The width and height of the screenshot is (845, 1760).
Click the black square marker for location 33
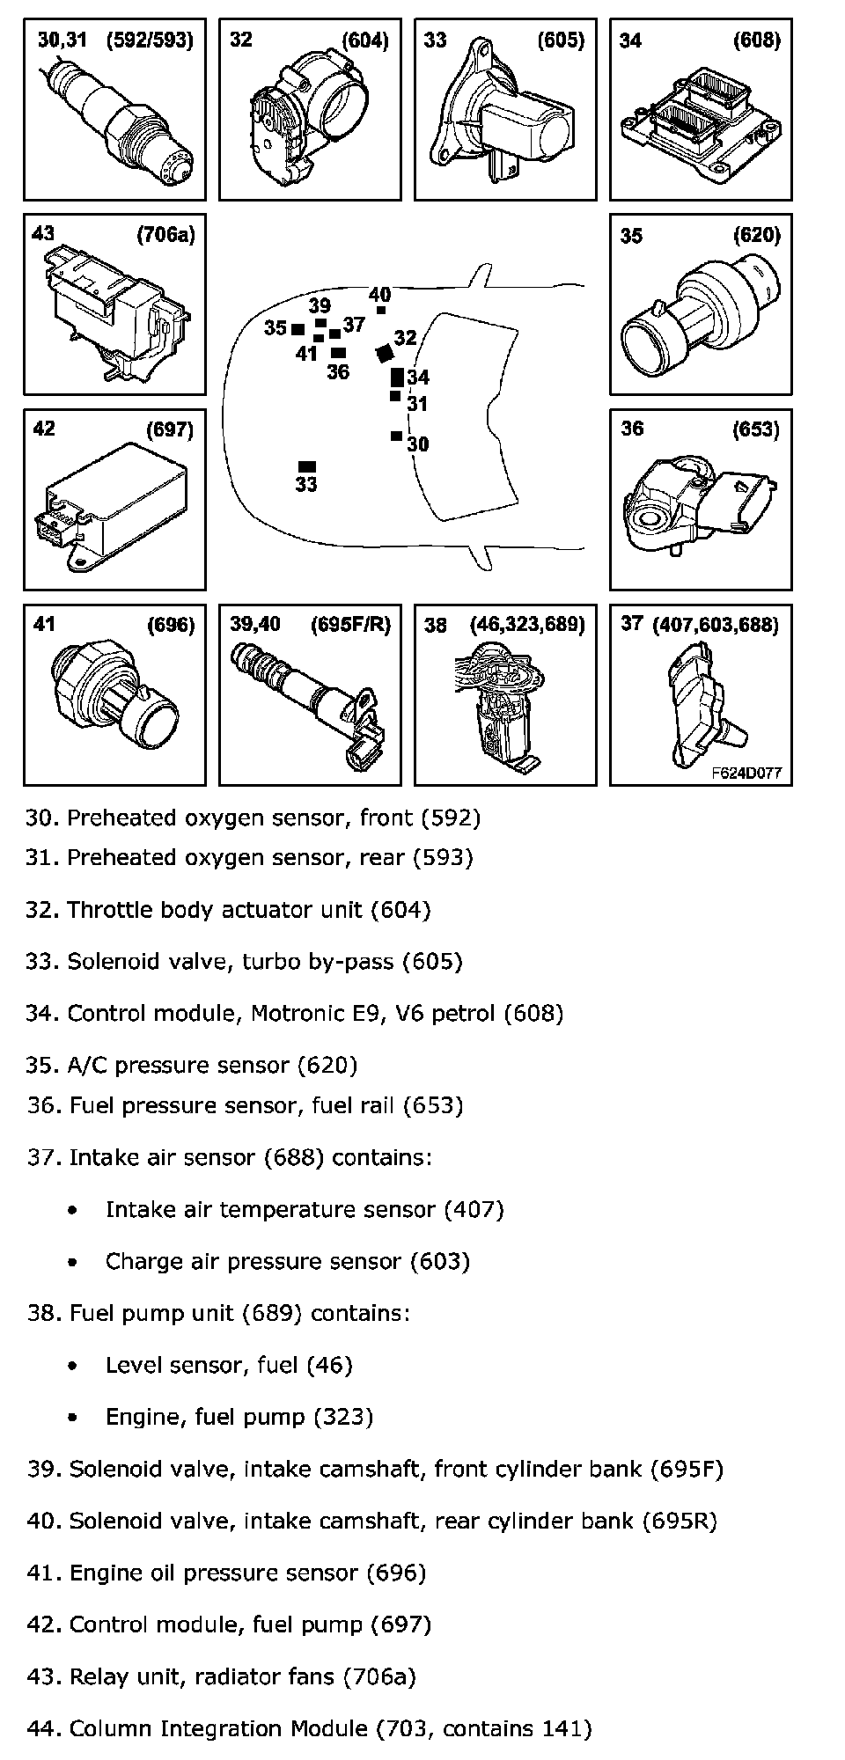[x=307, y=466]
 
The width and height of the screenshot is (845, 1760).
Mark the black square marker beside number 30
[x=396, y=436]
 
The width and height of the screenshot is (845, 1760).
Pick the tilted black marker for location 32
[x=384, y=353]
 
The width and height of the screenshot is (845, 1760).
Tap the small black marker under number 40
[x=381, y=310]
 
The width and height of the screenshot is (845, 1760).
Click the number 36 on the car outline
[x=338, y=372]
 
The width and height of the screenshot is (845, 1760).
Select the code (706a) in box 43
[x=165, y=234]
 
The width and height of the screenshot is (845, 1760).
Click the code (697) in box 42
[x=169, y=429]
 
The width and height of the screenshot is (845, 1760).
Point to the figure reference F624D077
[x=746, y=774]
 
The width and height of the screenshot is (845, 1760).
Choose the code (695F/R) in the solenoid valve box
[x=350, y=625]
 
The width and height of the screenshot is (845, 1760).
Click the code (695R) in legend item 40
[x=679, y=1522]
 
